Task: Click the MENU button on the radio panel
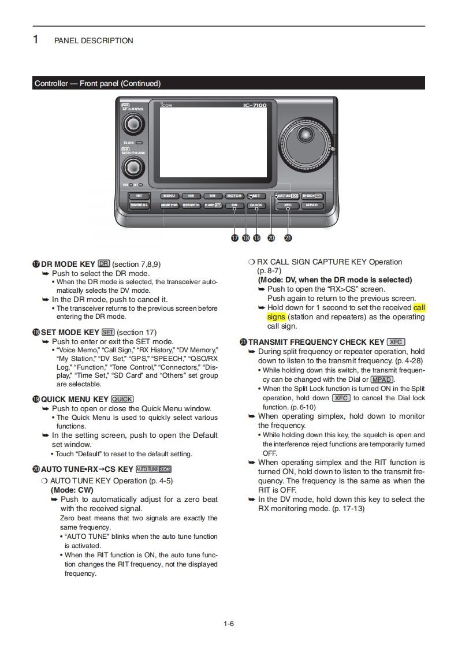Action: tap(169, 196)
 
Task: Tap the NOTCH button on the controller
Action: tap(234, 196)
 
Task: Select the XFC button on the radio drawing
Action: tap(288, 205)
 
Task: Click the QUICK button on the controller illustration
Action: tap(256, 205)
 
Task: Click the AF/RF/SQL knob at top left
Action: tap(133, 124)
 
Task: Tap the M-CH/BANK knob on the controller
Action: tap(133, 167)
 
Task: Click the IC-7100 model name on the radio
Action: tap(254, 106)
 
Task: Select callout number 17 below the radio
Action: tap(234, 237)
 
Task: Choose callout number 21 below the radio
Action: tap(288, 237)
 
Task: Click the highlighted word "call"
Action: tap(419, 308)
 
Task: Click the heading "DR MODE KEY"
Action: tap(68, 265)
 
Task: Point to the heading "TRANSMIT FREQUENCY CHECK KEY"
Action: tap(316, 342)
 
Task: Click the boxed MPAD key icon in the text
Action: tap(382, 379)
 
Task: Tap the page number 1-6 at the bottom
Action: tap(229, 623)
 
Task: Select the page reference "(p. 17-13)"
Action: tap(348, 509)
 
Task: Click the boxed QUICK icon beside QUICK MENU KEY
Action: tap(122, 399)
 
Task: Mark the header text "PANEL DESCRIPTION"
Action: tap(94, 41)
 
